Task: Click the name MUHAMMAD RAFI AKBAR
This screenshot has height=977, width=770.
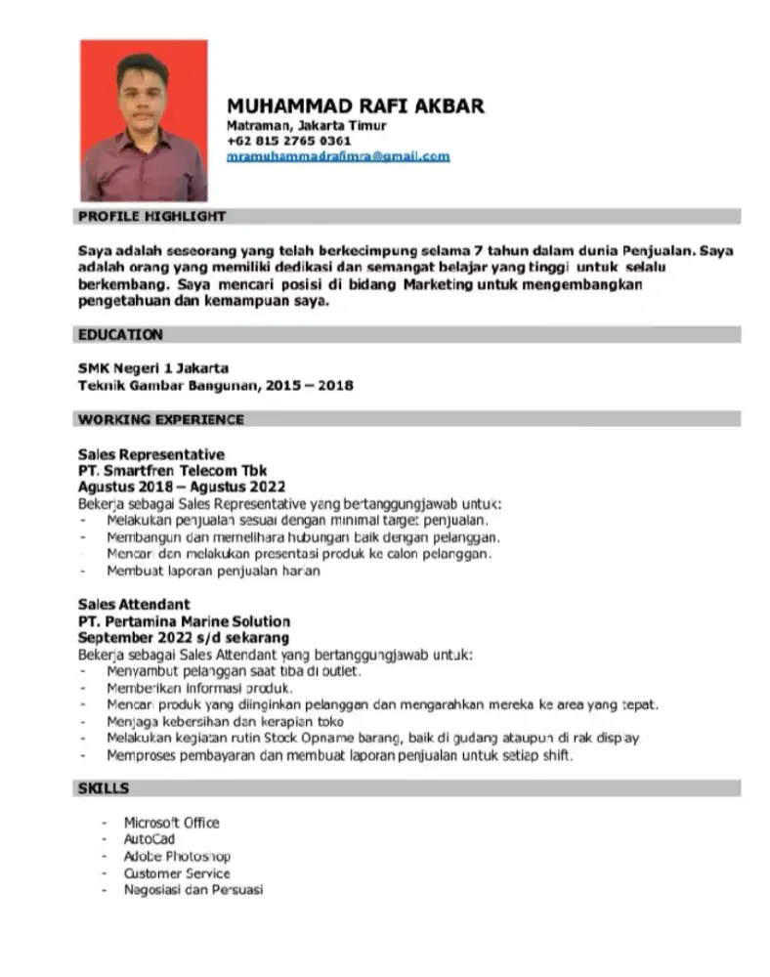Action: (x=355, y=106)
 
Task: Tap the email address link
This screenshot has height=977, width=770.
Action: (x=338, y=156)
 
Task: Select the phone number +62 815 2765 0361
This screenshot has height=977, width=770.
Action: (x=288, y=141)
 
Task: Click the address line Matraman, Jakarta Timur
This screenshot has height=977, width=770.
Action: (x=307, y=126)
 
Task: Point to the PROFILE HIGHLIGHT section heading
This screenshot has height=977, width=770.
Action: (x=151, y=216)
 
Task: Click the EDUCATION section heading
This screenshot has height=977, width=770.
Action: (x=120, y=334)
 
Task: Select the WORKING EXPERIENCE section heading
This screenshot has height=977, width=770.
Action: (x=160, y=419)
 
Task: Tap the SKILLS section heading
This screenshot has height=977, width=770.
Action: (x=104, y=787)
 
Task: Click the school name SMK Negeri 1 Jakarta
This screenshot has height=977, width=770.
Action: (x=153, y=368)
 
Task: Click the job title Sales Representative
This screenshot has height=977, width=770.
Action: (x=150, y=454)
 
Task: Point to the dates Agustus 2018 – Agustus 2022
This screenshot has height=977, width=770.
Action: (x=181, y=486)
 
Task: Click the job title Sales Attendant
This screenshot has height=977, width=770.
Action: (x=134, y=605)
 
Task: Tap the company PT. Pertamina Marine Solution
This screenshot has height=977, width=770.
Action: (x=184, y=621)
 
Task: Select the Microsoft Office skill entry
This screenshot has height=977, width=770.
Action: (x=171, y=823)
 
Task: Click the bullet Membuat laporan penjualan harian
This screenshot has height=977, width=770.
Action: (x=213, y=571)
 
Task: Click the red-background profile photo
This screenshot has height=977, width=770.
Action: (x=144, y=119)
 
